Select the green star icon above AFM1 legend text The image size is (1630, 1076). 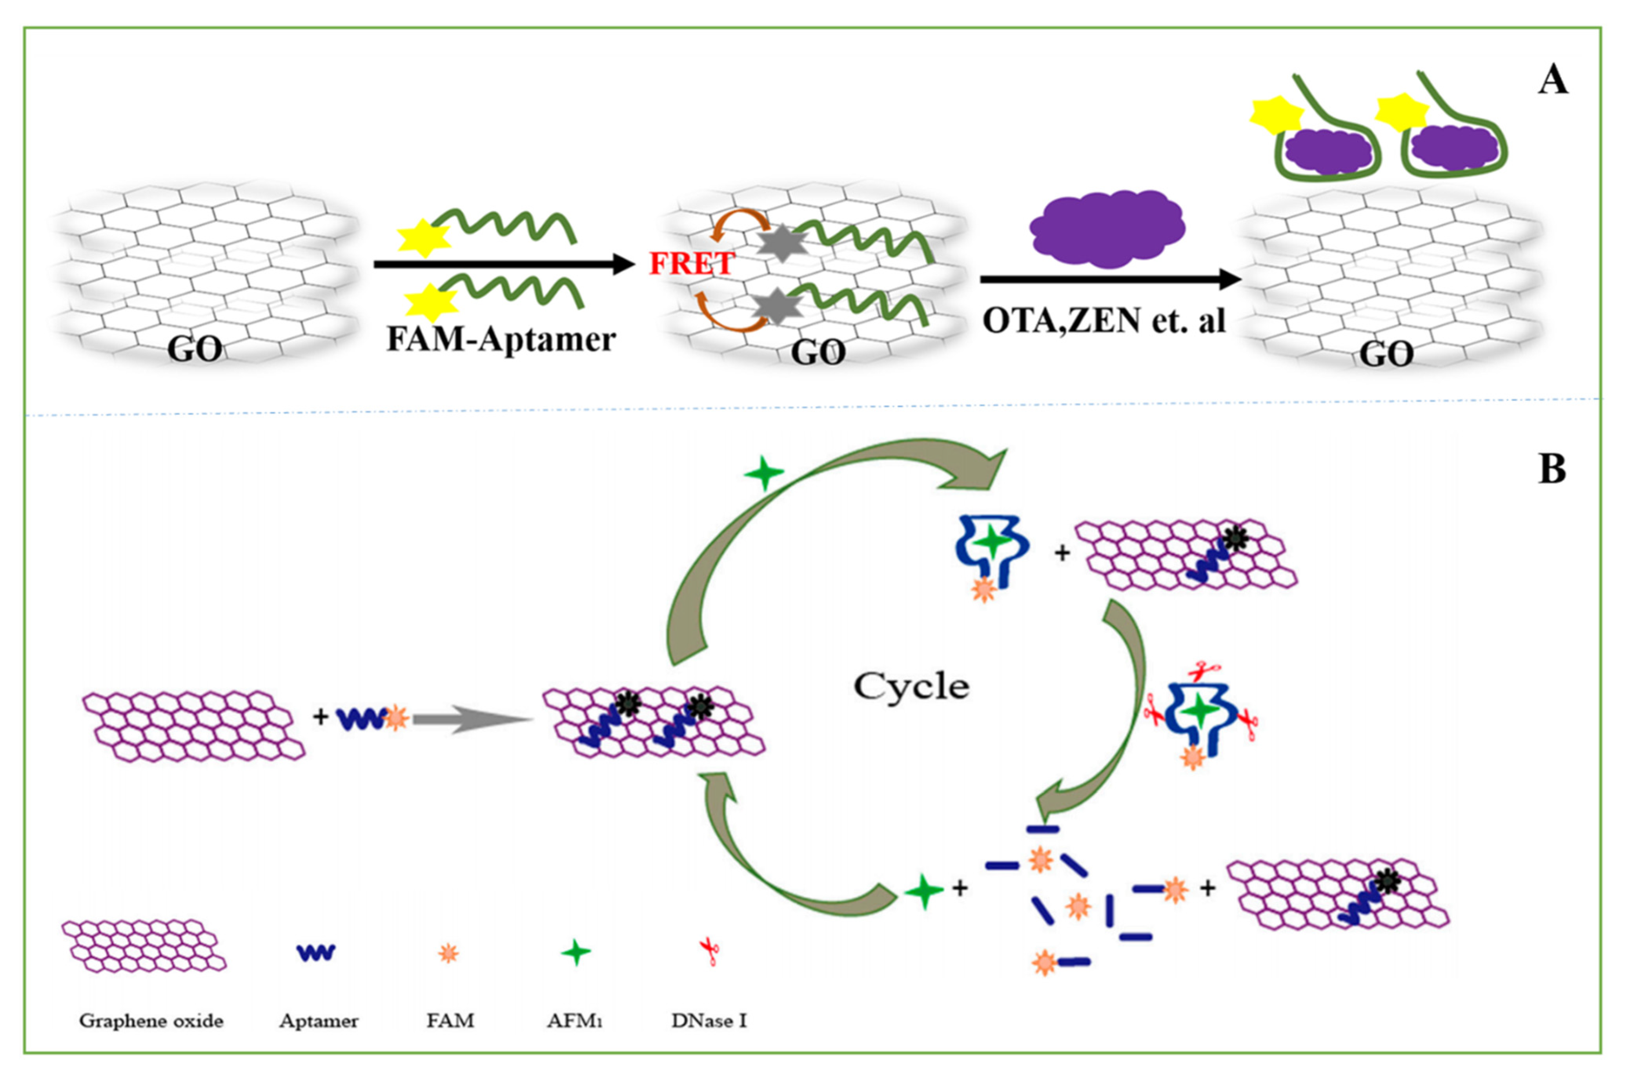(x=576, y=953)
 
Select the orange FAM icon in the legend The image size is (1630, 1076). (x=448, y=953)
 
